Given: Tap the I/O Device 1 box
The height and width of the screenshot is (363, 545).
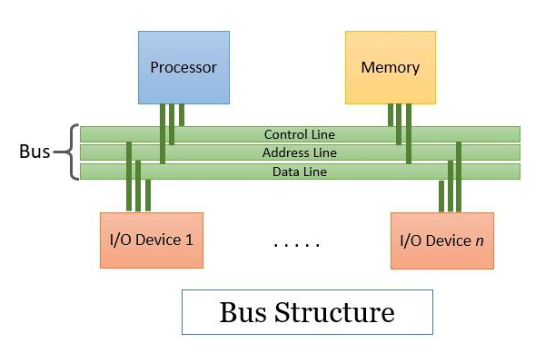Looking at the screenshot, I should [151, 240].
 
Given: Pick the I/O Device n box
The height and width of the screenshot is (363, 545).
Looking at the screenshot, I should [441, 240].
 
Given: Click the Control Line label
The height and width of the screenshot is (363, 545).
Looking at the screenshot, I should [300, 134].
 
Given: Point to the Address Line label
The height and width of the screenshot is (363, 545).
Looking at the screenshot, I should [300, 152].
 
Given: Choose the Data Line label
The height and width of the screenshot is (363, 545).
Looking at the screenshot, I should [300, 171].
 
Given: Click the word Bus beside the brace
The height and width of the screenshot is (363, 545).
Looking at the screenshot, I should [35, 152].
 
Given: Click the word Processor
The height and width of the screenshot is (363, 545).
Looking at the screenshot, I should [183, 67].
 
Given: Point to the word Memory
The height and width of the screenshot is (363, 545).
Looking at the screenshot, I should [390, 67].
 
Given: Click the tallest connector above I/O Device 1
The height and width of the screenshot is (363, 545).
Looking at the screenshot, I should [129, 176].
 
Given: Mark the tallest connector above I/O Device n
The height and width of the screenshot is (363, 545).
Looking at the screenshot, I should [461, 176].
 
